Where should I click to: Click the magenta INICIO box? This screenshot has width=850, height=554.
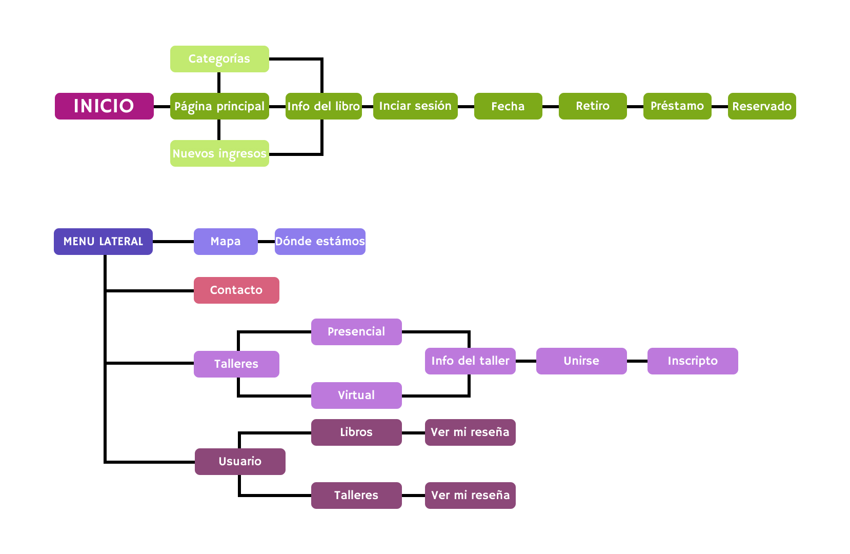104,106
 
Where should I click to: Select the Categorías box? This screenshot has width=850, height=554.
219,59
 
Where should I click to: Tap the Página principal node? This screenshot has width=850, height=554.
219,106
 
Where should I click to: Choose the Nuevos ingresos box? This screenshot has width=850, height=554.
219,153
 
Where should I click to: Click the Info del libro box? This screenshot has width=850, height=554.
323,106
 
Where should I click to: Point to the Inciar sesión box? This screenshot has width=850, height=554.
415,106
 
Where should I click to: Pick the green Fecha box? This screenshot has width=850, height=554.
508,106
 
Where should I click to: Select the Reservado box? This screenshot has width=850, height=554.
762,106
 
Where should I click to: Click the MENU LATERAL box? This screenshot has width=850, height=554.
103,242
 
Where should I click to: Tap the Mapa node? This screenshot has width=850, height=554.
226,242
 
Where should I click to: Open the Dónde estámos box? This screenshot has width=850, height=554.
320,242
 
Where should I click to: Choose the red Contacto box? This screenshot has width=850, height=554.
236,290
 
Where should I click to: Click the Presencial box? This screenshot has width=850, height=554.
356,332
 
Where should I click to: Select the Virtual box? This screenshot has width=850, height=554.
356,395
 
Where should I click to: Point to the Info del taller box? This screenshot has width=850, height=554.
470,361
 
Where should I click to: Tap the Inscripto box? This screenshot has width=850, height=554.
693,361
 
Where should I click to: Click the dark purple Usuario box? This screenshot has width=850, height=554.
240,462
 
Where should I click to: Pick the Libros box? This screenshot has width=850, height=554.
356,432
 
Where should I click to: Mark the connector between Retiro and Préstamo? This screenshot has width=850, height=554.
635,107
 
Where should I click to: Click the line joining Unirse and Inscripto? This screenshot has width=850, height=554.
637,361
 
